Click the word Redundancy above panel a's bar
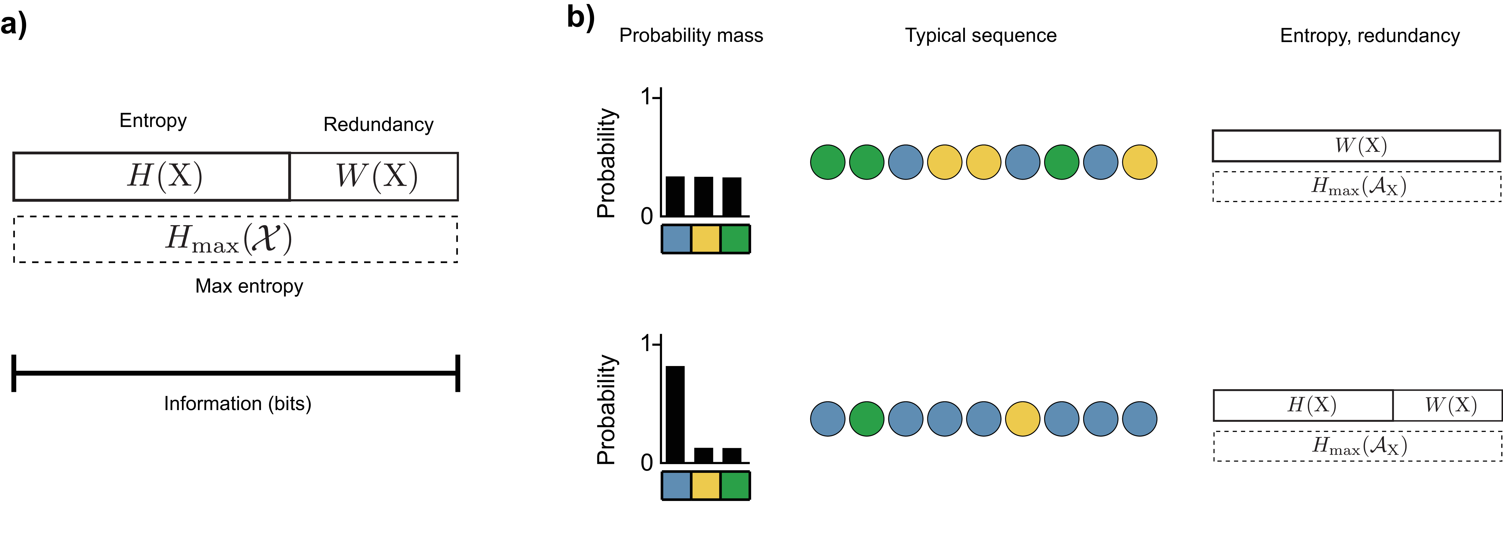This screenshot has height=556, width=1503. pos(378,124)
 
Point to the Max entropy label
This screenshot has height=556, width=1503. pos(249,286)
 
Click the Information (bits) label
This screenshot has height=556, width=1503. pos(237,403)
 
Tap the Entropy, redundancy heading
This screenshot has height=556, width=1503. pos(1369,36)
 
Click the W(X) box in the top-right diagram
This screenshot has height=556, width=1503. pos(1356,145)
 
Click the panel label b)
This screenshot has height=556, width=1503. pos(581,17)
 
